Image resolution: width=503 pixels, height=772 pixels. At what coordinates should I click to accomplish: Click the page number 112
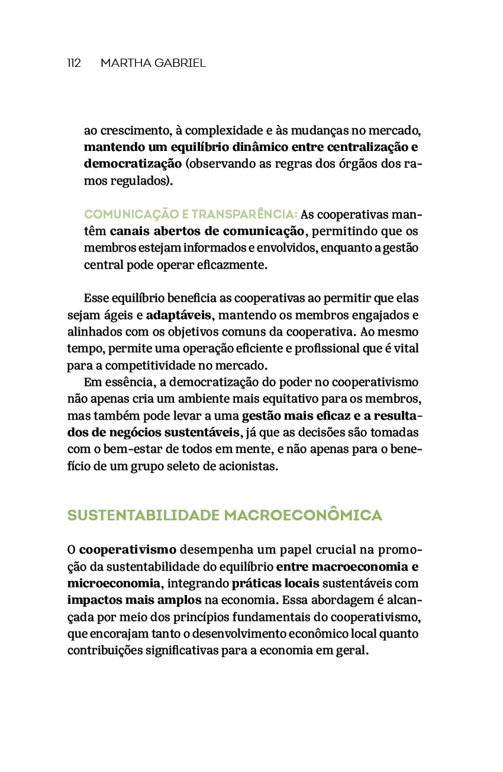(74, 63)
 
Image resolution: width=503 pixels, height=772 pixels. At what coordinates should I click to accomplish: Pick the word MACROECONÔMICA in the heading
(303, 516)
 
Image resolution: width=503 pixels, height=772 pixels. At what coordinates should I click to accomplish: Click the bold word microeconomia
(114, 583)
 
